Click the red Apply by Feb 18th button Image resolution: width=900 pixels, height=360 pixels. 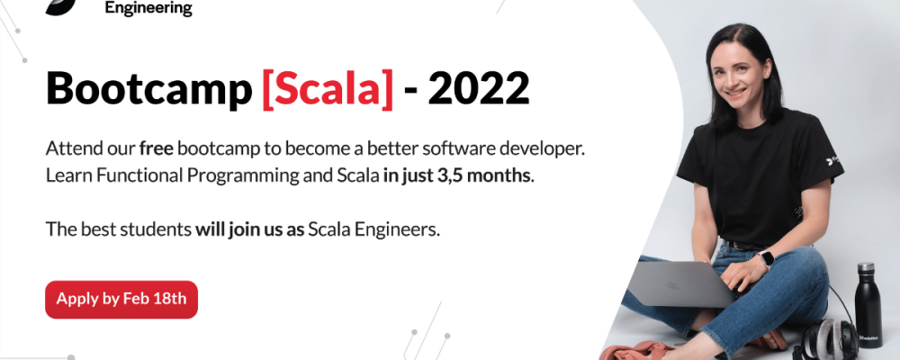tap(121, 299)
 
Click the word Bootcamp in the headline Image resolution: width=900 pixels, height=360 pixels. tap(148, 89)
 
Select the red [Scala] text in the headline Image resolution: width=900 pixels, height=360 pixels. tap(328, 89)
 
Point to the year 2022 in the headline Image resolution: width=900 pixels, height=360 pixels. tap(480, 88)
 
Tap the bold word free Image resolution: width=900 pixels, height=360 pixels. tap(156, 148)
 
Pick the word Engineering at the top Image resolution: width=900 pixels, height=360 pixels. tap(148, 9)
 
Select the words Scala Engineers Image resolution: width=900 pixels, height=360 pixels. tap(373, 229)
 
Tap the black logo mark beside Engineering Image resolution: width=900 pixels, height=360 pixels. tap(61, 7)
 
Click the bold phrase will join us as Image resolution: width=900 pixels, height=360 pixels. tap(249, 229)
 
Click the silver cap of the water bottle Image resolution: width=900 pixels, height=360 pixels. tap(866, 267)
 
